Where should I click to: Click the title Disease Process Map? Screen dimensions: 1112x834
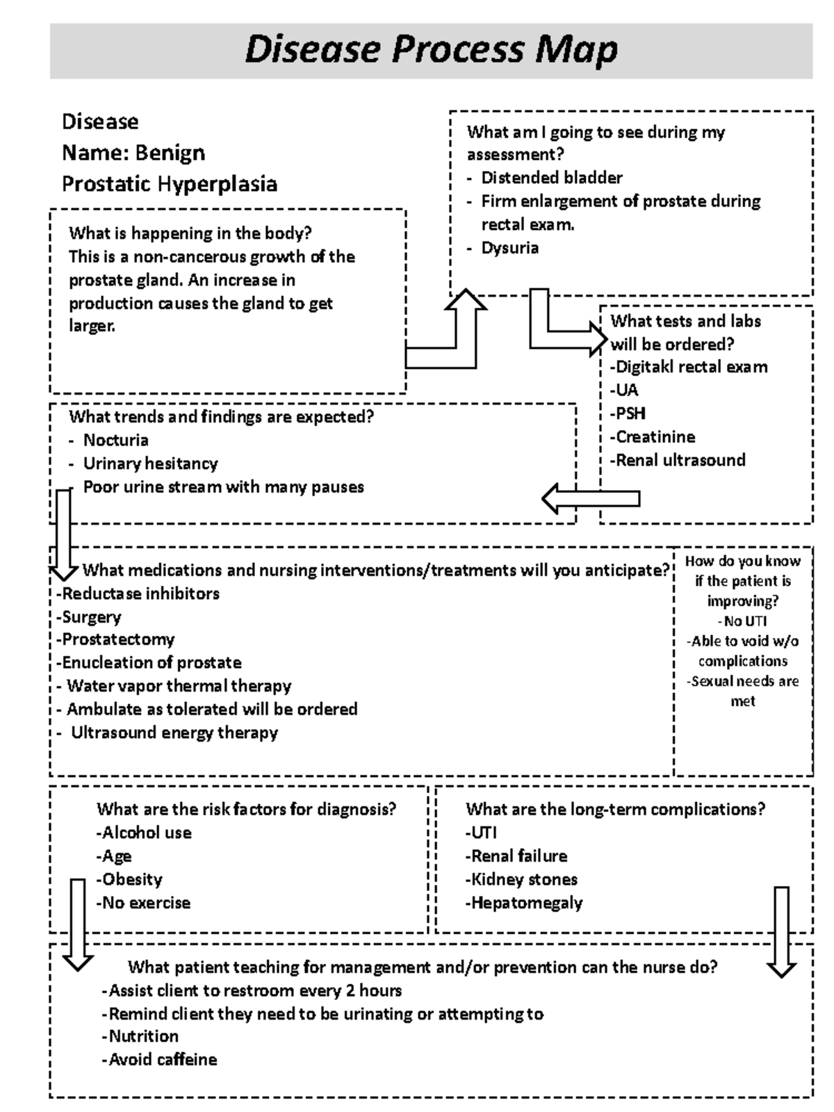coord(431,50)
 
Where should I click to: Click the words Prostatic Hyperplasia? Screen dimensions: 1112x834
coord(170,184)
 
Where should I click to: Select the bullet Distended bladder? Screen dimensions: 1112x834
coord(551,178)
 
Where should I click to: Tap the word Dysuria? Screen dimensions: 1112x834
coord(509,248)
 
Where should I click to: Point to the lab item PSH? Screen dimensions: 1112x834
coord(630,414)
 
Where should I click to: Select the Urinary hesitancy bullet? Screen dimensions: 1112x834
coord(150,464)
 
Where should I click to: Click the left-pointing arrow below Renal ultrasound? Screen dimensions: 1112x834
coord(590,498)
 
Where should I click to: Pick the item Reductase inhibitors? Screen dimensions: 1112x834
coord(140,594)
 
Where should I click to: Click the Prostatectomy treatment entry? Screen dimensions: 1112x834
coord(117,639)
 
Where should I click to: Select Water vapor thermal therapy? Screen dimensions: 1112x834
coord(179,686)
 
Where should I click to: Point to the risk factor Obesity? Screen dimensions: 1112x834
coord(131,880)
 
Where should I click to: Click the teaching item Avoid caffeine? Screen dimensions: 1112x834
coord(162,1060)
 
